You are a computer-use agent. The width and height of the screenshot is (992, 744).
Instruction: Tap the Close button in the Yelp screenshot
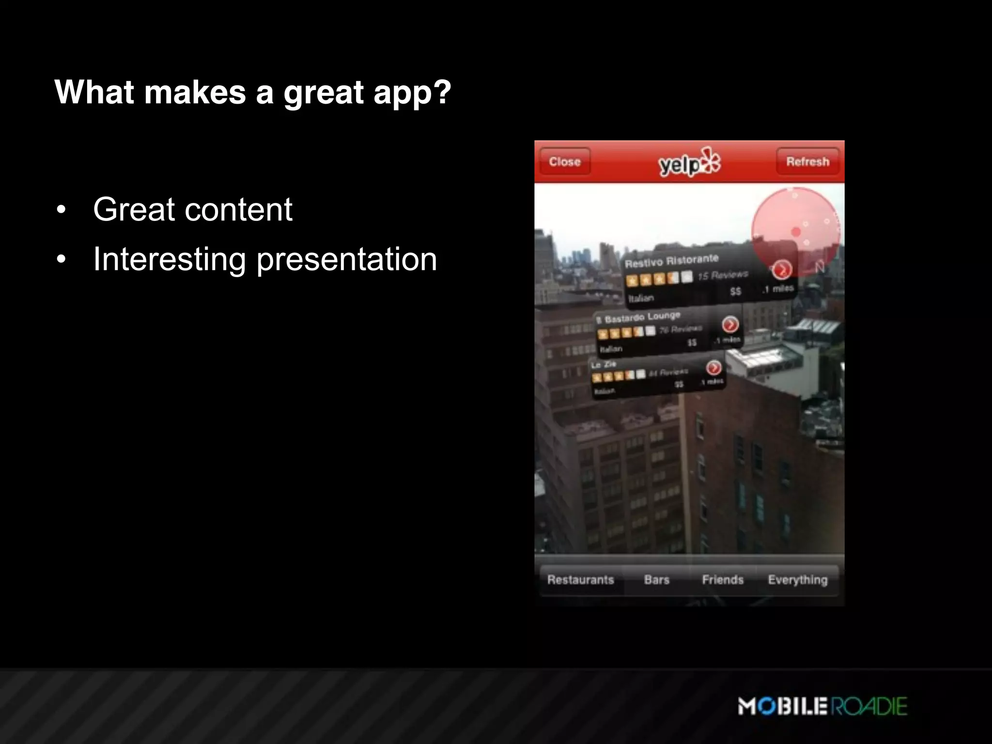[565, 162]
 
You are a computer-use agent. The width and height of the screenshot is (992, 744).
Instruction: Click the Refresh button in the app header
[807, 162]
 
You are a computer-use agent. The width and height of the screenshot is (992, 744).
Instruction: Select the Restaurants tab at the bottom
[581, 580]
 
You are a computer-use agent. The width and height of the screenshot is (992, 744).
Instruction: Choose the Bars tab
[657, 580]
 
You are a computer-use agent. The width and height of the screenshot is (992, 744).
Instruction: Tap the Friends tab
[723, 580]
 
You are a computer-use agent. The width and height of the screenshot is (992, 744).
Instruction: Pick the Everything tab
[798, 580]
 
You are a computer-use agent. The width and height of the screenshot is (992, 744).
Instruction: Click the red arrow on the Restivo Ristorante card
[781, 270]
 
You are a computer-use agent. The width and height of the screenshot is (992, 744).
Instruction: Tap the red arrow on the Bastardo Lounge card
[730, 324]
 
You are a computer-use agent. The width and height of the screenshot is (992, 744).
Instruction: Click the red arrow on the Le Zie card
[713, 368]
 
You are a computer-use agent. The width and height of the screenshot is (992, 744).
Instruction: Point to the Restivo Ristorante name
[671, 261]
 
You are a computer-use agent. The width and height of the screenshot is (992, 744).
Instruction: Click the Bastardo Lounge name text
[642, 317]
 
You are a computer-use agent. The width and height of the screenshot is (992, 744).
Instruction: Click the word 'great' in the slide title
[323, 93]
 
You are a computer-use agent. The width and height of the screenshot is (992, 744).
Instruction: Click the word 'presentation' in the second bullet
[346, 260]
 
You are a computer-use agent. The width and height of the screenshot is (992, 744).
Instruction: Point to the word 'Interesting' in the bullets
[170, 259]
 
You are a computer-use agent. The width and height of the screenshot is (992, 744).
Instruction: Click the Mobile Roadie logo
[822, 706]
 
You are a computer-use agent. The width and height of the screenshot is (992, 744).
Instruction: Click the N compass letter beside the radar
[819, 267]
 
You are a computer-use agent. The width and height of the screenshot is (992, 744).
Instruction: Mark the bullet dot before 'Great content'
[61, 210]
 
